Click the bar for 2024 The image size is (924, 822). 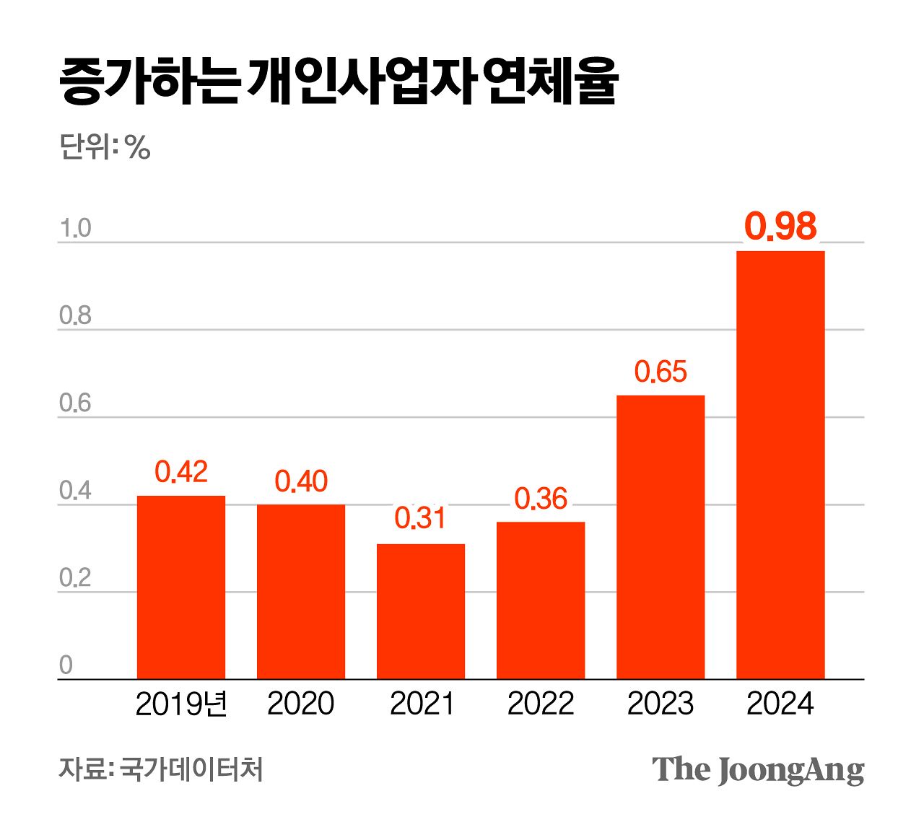780,465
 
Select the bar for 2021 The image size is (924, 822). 421,611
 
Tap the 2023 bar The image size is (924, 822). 661,537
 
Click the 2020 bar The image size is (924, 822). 301,591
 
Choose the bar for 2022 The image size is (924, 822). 541,600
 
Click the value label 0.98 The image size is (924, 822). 780,226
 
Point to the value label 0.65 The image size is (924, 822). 661,372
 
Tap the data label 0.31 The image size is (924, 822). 420,518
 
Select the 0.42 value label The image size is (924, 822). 181,472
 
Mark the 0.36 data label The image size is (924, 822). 541,499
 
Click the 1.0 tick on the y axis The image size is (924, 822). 75,229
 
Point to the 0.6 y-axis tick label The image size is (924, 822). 75,403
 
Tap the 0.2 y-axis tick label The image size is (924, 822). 75,579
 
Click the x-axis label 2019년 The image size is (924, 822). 181,704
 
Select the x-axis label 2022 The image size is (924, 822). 541,704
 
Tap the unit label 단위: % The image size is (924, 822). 105,147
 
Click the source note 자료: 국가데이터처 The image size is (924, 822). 160,769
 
